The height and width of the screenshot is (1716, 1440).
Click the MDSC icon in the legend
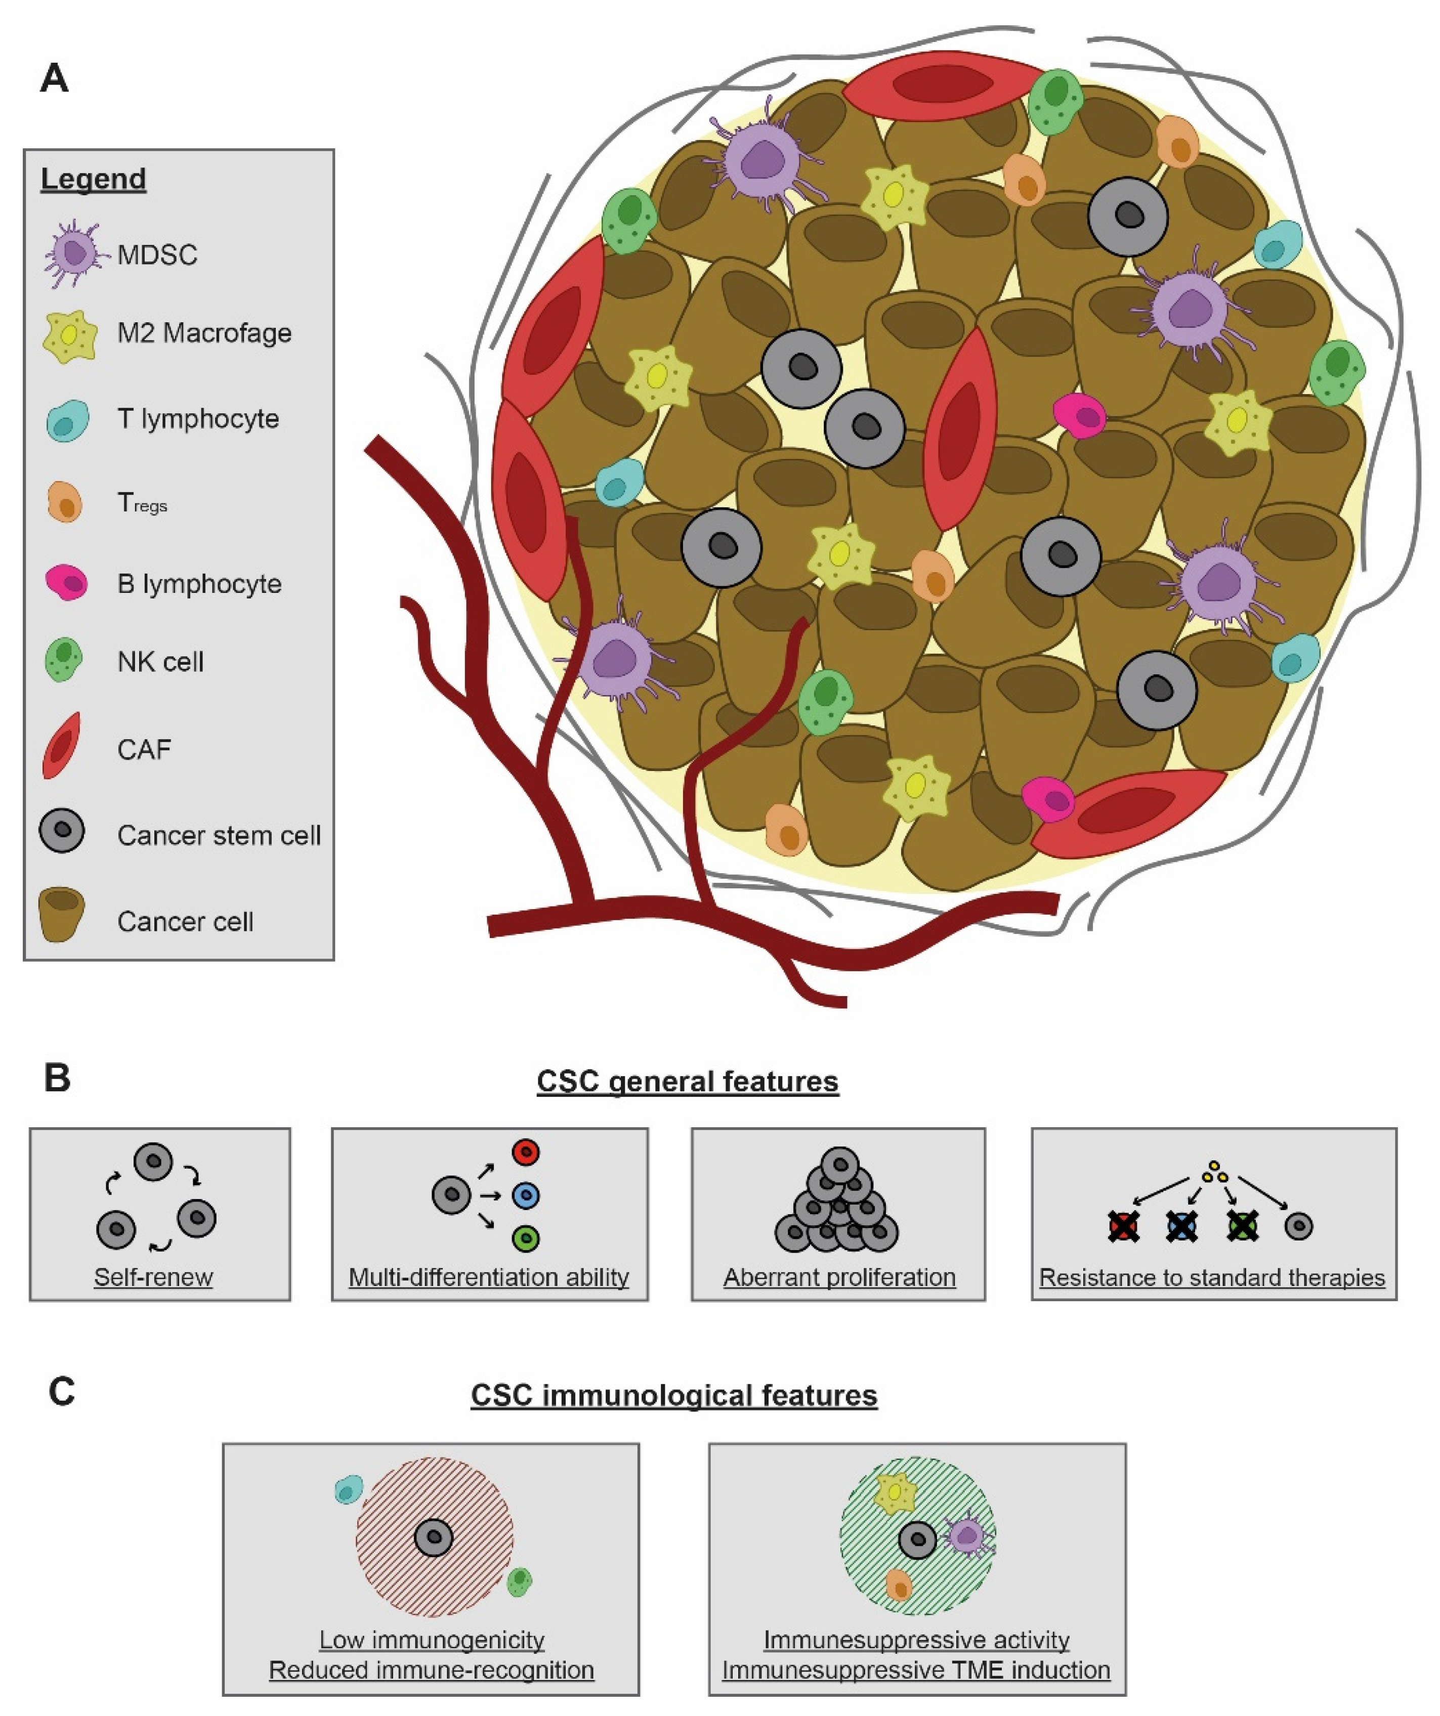pyautogui.click(x=75, y=253)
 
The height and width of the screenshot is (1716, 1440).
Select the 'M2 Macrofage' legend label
pyautogui.click(x=204, y=333)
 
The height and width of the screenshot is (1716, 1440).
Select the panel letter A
pyautogui.click(x=54, y=79)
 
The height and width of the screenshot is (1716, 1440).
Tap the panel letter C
pyautogui.click(x=61, y=1392)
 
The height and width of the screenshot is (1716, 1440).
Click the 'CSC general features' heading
pyautogui.click(x=687, y=1081)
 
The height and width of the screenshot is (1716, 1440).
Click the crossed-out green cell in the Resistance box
pyautogui.click(x=1242, y=1226)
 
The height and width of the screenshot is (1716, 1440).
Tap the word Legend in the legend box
pyautogui.click(x=93, y=178)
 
